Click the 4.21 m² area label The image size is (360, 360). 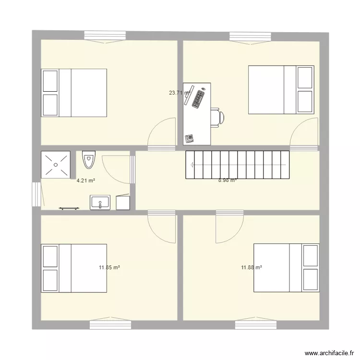click(85, 181)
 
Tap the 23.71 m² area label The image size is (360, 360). click(180, 93)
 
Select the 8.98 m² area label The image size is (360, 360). click(228, 180)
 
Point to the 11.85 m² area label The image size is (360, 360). click(109, 267)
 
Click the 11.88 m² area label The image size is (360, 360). click(252, 267)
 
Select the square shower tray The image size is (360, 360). click(56, 165)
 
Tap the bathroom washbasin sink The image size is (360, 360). click(100, 203)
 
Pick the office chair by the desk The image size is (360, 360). click(216, 117)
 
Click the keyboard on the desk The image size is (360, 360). click(198, 99)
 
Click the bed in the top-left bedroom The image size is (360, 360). click(74, 93)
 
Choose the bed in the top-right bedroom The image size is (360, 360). click(281, 90)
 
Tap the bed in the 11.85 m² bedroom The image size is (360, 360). click(74, 268)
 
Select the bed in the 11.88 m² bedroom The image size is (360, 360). click(286, 268)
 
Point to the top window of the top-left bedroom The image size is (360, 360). click(105, 36)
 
